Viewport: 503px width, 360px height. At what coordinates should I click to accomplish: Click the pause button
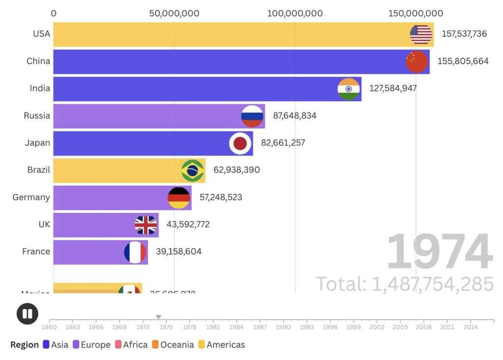click(x=27, y=313)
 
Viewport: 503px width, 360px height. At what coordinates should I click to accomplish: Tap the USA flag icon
click(x=421, y=34)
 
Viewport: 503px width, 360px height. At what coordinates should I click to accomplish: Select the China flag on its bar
click(x=417, y=61)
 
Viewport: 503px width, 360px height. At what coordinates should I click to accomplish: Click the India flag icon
click(x=349, y=89)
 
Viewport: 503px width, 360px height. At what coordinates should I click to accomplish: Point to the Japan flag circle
click(x=240, y=143)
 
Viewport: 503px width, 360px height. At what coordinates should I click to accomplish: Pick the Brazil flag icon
click(x=193, y=170)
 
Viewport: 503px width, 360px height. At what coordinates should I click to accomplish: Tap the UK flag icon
click(x=146, y=225)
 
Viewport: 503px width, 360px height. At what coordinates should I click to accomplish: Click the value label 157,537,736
click(x=464, y=34)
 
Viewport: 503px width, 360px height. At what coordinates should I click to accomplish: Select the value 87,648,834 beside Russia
click(x=295, y=116)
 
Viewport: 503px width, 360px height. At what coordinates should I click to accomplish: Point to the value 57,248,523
click(x=221, y=197)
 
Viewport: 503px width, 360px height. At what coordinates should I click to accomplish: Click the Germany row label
click(x=31, y=197)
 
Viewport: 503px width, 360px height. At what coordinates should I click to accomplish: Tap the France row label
click(x=36, y=251)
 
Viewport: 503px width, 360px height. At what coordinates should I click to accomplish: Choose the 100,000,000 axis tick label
click(x=295, y=13)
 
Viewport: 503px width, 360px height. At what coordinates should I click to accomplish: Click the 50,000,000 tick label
click(x=174, y=13)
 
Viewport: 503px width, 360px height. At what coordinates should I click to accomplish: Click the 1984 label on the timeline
click(x=236, y=327)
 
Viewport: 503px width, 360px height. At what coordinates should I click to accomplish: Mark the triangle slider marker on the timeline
click(x=158, y=317)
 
